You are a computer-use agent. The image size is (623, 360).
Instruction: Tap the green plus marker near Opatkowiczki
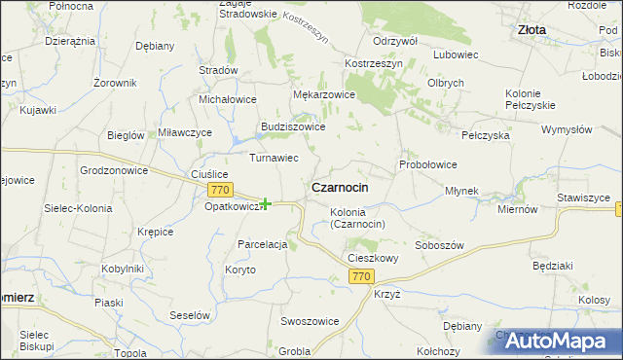click(265, 203)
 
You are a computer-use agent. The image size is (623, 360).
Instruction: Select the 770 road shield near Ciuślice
click(219, 190)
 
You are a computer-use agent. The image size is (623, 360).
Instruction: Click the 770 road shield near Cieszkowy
click(361, 277)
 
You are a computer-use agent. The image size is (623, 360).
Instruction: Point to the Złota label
click(531, 30)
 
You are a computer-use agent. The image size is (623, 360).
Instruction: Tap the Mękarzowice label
click(324, 94)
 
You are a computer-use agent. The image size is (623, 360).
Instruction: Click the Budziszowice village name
click(292, 126)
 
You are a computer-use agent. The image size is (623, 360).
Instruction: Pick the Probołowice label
click(427, 164)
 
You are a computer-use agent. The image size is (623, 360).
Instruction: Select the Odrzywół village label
click(395, 40)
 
